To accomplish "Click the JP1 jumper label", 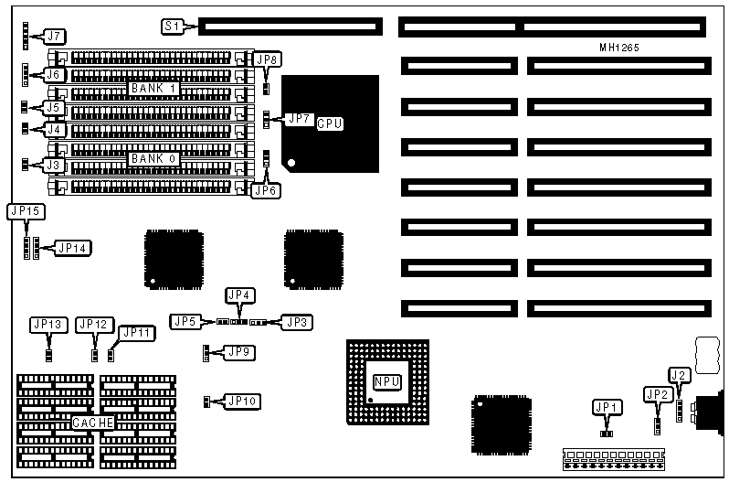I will pos(606,406).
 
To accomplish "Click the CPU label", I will pos(330,123).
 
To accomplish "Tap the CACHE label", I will pos(94,423).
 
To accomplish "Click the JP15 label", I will pos(24,210).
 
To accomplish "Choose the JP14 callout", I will pos(72,247).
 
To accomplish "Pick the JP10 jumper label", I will pos(242,400).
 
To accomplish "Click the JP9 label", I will pos(239,351).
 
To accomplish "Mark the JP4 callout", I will pos(239,295).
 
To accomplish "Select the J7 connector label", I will pos(56,37).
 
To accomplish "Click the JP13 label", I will pos(48,324).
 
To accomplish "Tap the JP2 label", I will pos(657,393).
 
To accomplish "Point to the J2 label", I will pos(679,374).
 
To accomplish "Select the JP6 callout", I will pos(264,190).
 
